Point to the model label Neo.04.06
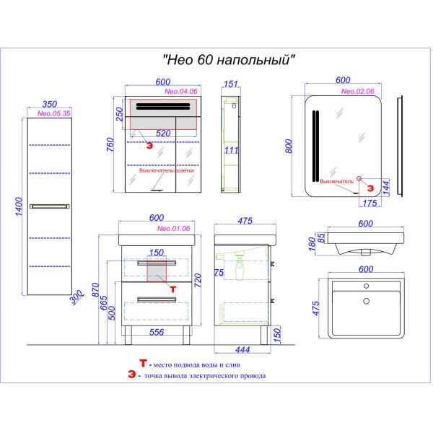coord(182,92)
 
